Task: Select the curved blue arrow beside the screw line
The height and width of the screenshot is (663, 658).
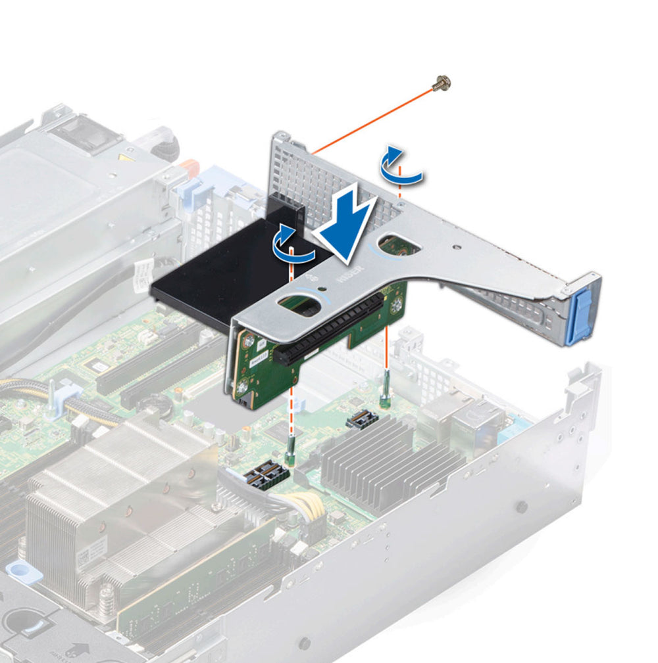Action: coord(401,166)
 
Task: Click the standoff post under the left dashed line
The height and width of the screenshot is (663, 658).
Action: coord(289,453)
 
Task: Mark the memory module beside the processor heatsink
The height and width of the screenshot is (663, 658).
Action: coord(197,578)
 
